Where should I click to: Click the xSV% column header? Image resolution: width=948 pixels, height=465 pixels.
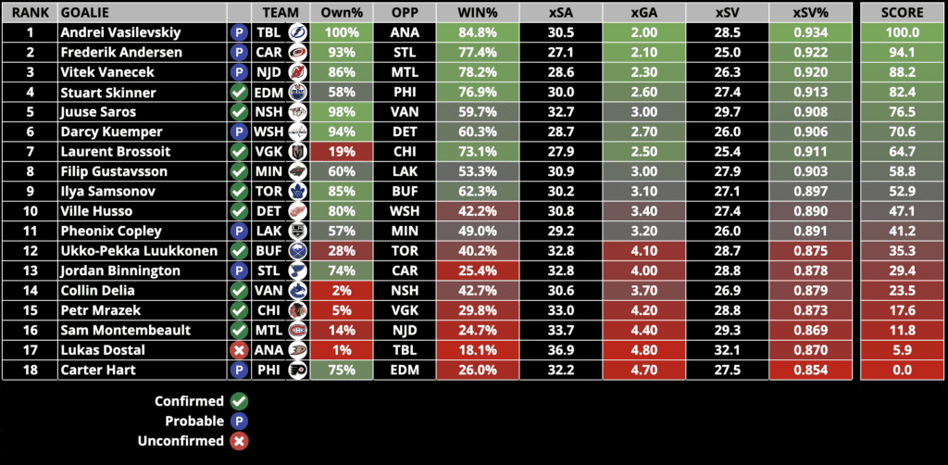[x=812, y=12]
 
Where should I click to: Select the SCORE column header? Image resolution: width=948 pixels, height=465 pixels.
[x=903, y=12]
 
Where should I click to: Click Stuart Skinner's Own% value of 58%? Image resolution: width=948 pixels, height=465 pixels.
[x=342, y=92]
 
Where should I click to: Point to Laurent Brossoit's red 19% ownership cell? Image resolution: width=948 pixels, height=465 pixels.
[x=342, y=151]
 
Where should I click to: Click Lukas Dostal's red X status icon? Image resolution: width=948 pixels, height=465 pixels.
[x=239, y=350]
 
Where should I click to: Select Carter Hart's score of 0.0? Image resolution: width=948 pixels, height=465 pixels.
[x=903, y=370]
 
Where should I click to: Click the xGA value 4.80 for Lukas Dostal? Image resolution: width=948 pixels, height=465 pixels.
[x=643, y=350]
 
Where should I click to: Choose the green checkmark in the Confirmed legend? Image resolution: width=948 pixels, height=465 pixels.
[x=239, y=401]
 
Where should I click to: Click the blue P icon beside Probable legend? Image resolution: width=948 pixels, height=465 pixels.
[x=239, y=421]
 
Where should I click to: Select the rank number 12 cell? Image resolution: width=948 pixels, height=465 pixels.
[x=28, y=250]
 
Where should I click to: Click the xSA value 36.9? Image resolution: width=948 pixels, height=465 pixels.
[x=561, y=350]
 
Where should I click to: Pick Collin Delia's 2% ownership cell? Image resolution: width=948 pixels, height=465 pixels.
[x=342, y=290]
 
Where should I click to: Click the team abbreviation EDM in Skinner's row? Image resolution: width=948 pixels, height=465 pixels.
[x=268, y=92]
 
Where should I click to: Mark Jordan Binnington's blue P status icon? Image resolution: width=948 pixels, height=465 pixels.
[x=239, y=270]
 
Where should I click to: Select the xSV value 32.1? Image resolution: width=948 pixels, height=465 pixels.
[x=727, y=350]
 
